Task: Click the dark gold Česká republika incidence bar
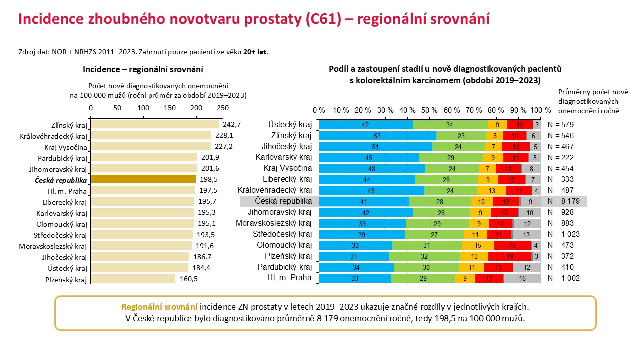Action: coord(143,179)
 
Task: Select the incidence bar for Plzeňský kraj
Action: coord(133,279)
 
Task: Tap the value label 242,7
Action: coord(232,124)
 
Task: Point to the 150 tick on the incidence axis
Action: coord(170,108)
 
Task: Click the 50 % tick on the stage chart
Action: coord(429,110)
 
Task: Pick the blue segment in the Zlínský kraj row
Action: coord(377,136)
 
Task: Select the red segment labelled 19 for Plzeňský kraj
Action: coord(510,256)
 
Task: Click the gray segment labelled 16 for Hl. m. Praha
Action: coord(522,278)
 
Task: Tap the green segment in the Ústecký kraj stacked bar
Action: coord(450,125)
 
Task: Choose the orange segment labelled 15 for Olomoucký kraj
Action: coord(478,245)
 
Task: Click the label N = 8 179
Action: coord(563,201)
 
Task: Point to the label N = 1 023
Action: coord(563,234)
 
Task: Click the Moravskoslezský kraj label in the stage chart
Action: coord(273,223)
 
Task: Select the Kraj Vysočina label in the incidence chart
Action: coord(65,147)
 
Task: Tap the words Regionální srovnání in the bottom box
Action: coord(159,307)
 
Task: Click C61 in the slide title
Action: coord(323,19)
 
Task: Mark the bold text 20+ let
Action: coord(255,52)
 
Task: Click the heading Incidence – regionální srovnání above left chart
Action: coord(143,69)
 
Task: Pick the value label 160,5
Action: coord(189,279)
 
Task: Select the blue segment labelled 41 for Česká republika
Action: coord(364,202)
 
